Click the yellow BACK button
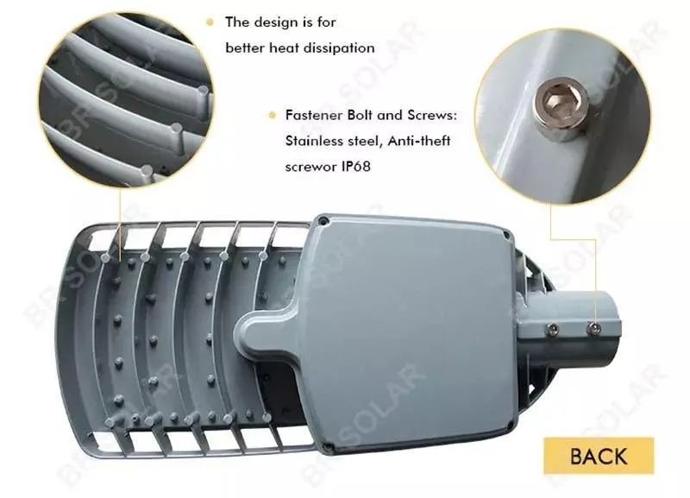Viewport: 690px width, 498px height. (x=599, y=457)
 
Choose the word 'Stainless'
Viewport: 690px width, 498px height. (x=311, y=139)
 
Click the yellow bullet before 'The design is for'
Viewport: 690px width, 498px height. (x=210, y=23)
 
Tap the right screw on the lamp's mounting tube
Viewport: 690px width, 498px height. (x=593, y=326)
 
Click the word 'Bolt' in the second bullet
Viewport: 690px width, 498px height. (x=365, y=116)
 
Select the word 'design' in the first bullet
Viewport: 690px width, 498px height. (x=276, y=23)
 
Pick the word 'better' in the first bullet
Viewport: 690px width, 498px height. (x=244, y=48)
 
